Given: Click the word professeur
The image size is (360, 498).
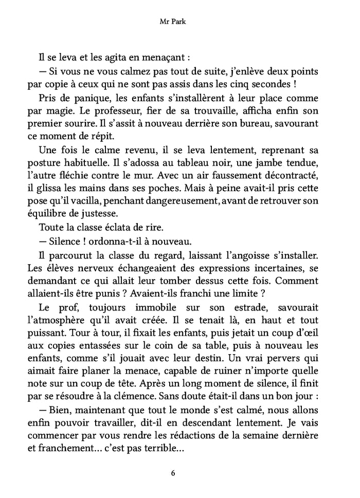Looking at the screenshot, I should (x=130, y=111).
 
